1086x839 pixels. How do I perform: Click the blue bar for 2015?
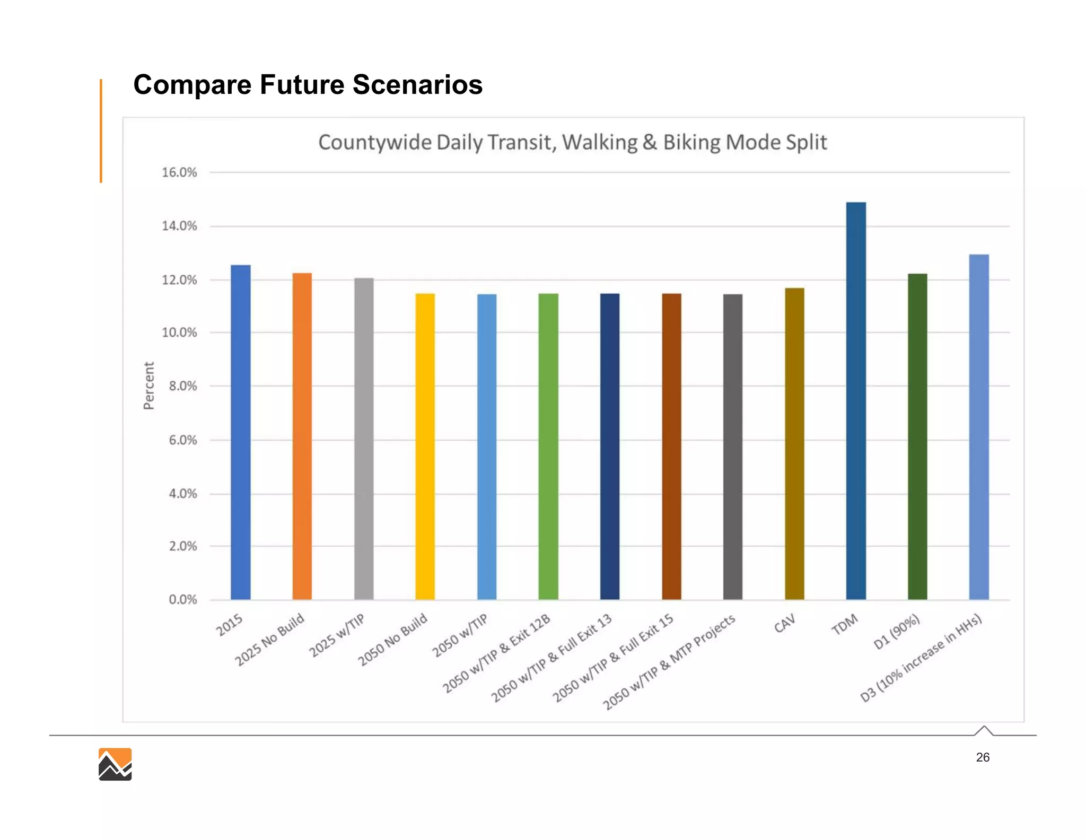click(x=240, y=432)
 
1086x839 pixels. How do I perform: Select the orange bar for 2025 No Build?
click(x=302, y=436)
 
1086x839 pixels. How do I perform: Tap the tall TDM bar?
click(x=855, y=400)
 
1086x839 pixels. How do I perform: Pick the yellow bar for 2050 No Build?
click(x=425, y=447)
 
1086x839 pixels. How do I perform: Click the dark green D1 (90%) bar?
click(x=917, y=436)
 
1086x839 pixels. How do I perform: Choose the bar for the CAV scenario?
click(x=794, y=444)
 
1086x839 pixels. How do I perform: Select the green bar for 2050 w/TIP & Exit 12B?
click(x=548, y=447)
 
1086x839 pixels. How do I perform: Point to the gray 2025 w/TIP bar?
click(x=363, y=439)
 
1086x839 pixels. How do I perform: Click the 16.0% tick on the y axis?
click(x=179, y=172)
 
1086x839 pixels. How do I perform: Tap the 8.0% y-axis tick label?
click(x=182, y=386)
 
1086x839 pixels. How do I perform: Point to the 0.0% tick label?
click(x=182, y=600)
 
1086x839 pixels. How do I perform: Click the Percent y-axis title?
click(x=149, y=386)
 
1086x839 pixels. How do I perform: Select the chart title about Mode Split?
click(x=572, y=142)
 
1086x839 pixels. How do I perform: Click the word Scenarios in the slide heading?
click(x=417, y=85)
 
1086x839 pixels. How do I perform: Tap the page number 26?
click(x=982, y=757)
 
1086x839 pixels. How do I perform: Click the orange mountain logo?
click(x=115, y=764)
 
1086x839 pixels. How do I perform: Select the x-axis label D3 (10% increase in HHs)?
click(x=922, y=658)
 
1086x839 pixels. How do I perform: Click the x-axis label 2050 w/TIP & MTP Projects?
click(x=669, y=662)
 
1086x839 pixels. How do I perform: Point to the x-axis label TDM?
click(x=844, y=624)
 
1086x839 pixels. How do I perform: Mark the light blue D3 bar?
click(x=978, y=427)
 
